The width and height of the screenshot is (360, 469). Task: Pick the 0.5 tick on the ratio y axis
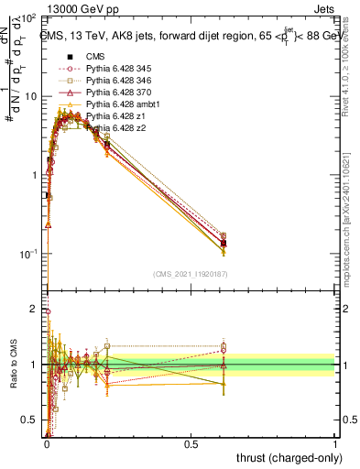coord(30,420)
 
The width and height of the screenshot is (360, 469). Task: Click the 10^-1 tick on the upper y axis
coord(28,254)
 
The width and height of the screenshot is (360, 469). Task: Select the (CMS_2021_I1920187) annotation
coord(190,274)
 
